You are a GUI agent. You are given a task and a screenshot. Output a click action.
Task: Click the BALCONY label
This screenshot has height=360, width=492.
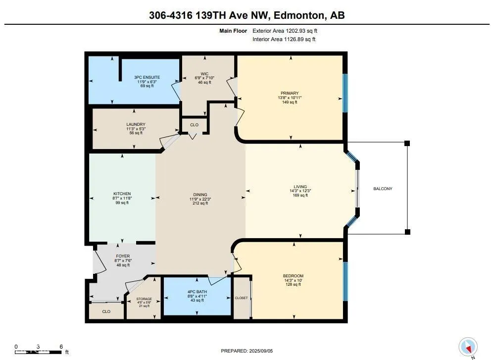(x=383, y=189)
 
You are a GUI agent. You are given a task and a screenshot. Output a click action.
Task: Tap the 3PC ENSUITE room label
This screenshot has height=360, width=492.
(x=147, y=77)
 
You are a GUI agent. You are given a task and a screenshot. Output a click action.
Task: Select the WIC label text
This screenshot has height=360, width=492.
(x=204, y=74)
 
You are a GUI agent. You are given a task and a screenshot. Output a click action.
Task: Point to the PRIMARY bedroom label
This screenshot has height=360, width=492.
(x=290, y=93)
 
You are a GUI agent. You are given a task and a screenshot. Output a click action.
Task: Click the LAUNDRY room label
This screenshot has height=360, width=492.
(x=136, y=124)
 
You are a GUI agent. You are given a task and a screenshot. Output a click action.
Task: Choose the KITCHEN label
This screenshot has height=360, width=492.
(x=122, y=194)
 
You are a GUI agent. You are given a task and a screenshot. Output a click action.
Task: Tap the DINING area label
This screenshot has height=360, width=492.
(x=200, y=195)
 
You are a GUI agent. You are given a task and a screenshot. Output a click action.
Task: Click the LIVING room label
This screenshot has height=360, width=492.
(x=300, y=187)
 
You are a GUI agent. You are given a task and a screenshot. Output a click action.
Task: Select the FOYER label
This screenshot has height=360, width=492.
(x=123, y=256)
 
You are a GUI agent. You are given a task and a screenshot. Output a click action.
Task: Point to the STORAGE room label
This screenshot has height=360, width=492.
(x=144, y=299)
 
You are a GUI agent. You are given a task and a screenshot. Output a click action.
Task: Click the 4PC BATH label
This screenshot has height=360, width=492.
(x=197, y=292)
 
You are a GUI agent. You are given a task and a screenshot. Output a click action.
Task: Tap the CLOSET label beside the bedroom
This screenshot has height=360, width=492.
(x=241, y=298)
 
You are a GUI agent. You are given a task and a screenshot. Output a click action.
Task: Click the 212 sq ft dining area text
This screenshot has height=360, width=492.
(x=200, y=203)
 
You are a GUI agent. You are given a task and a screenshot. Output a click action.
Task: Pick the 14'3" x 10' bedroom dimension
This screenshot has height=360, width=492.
(x=293, y=280)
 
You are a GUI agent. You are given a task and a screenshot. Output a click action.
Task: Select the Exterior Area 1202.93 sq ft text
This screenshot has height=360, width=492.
(x=285, y=31)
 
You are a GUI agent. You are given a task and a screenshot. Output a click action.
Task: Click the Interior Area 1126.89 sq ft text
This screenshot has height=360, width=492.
(x=284, y=39)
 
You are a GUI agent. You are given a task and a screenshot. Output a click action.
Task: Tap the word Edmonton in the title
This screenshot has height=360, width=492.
(x=299, y=15)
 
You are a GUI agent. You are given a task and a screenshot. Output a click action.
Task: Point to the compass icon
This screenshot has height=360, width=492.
(x=468, y=347)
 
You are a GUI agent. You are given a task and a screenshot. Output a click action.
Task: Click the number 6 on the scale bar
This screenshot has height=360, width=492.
(x=61, y=347)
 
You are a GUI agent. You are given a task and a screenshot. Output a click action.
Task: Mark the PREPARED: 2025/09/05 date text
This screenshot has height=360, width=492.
(x=247, y=351)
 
